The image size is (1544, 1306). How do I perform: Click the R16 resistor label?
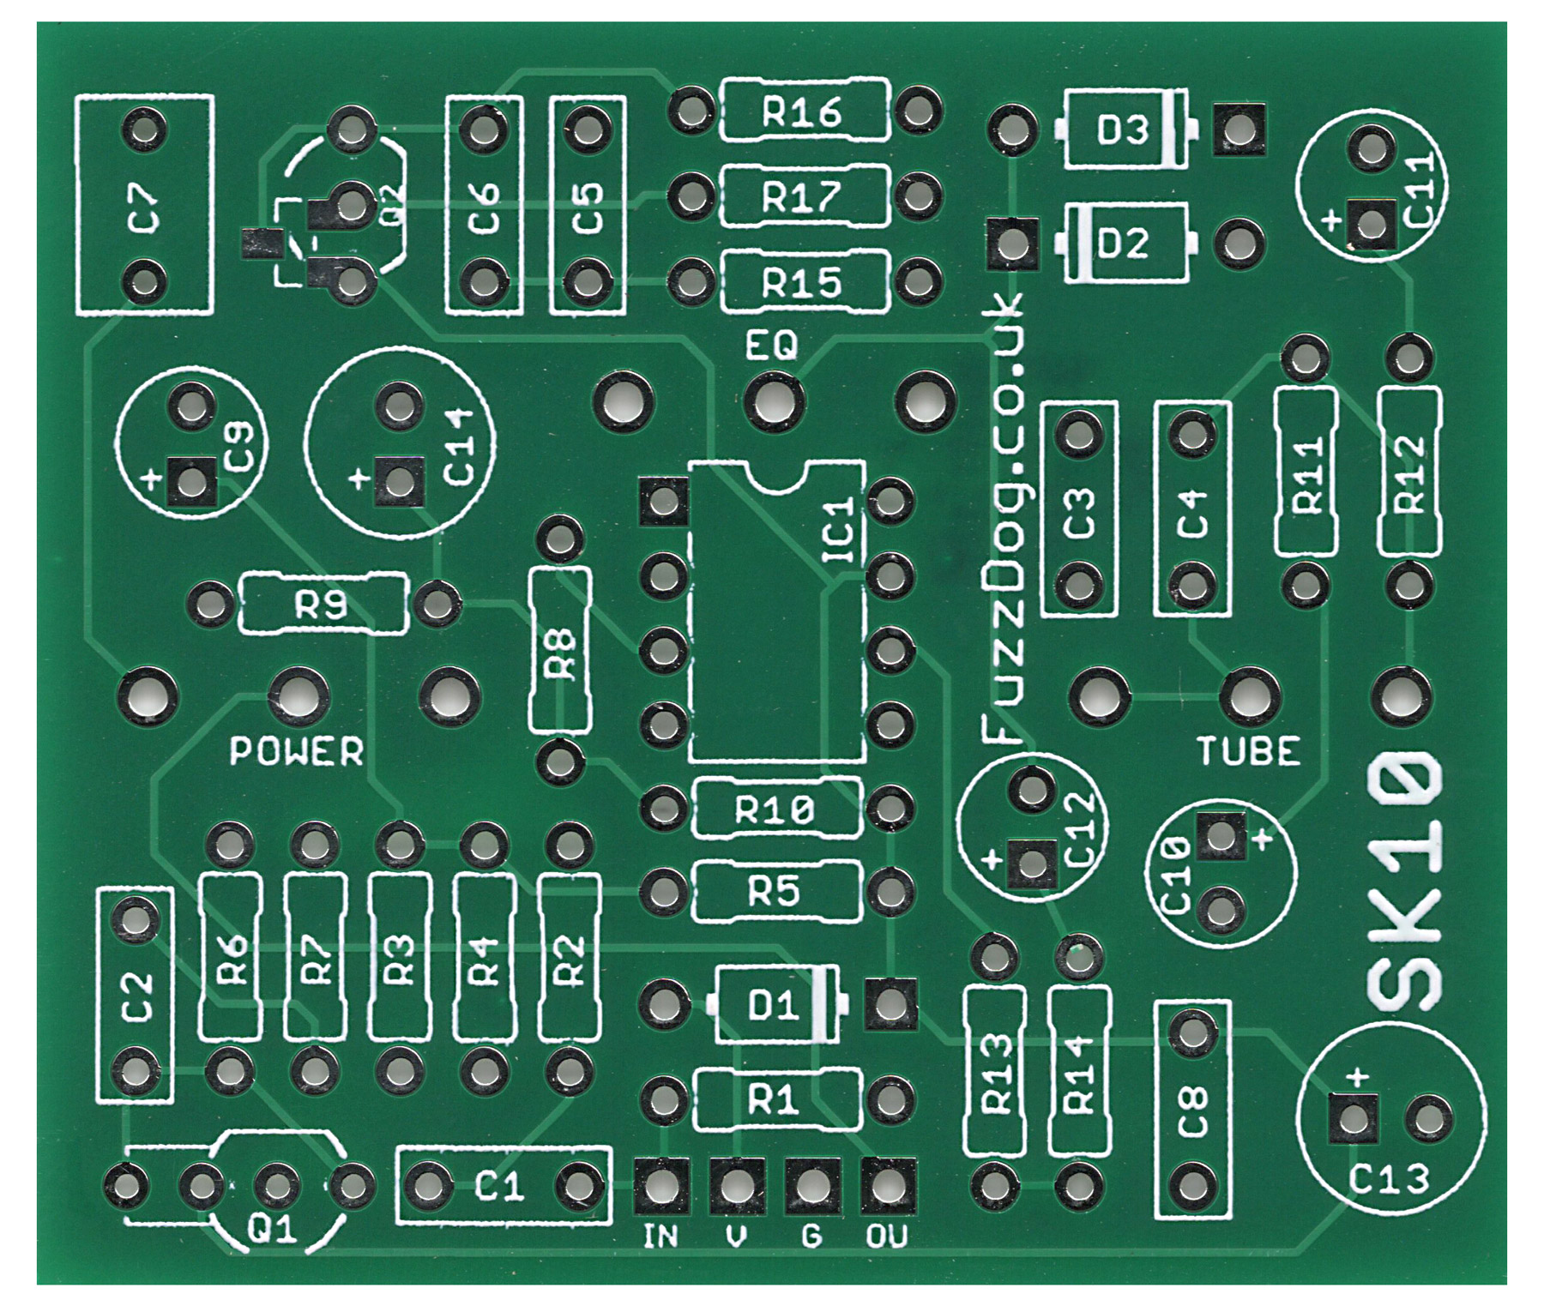point(802,111)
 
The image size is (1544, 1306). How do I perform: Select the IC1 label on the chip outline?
point(839,531)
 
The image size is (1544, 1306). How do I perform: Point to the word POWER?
point(297,751)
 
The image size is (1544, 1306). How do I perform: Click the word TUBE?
point(1249,751)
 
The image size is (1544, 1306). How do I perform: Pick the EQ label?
point(771,346)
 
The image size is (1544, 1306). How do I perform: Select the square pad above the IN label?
point(660,1187)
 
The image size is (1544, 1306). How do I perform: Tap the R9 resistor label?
point(321,606)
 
